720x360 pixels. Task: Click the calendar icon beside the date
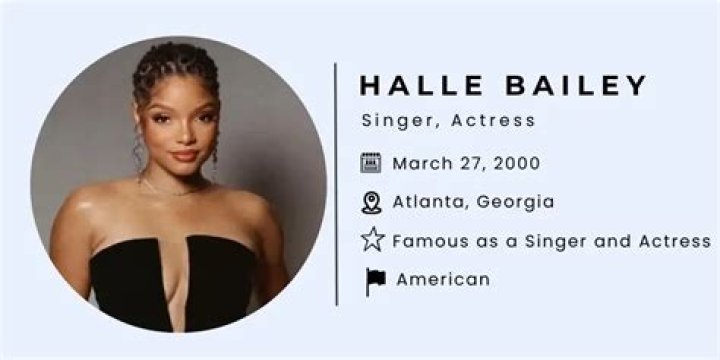371,162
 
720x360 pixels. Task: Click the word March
422,162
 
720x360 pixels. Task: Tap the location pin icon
371,202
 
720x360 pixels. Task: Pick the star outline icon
372,240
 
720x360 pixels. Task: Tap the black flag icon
375,281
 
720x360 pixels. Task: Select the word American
443,280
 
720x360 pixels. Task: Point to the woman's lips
183,155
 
